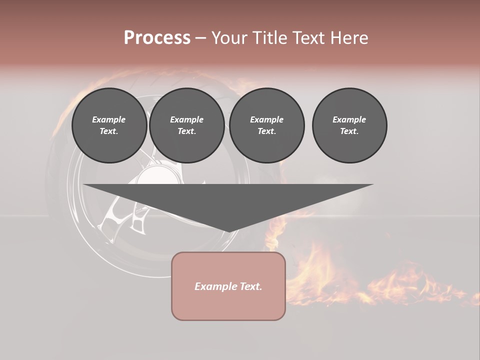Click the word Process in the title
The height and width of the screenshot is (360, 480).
[x=157, y=38]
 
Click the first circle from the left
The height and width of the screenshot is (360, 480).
[x=109, y=125]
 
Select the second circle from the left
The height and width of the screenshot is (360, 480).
[x=186, y=125]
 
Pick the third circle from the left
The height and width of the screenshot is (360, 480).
[x=266, y=125]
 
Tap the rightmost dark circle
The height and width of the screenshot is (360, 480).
[x=349, y=125]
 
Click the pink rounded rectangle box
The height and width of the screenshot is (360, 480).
[x=228, y=286]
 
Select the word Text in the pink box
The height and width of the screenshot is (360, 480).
[x=250, y=286]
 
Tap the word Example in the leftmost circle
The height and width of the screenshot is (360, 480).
[x=109, y=119]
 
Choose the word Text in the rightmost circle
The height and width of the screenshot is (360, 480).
[x=348, y=131]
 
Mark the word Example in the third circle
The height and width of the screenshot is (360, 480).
[x=266, y=119]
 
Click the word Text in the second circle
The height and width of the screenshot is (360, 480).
[x=185, y=131]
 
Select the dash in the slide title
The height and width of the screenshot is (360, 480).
[x=200, y=38]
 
